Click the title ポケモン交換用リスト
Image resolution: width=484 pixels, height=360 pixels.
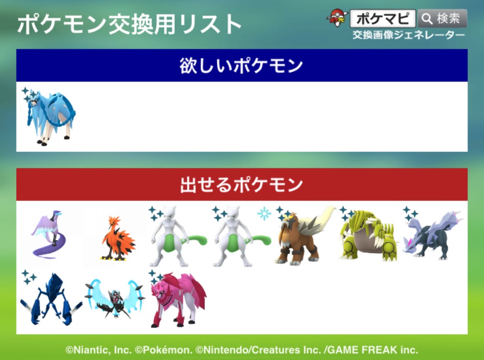click(129, 24)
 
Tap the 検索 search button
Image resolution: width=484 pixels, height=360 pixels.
click(442, 18)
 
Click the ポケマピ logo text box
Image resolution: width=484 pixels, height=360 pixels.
click(382, 18)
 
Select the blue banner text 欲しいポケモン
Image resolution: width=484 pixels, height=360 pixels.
click(242, 66)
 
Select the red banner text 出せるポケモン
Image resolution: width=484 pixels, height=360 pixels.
click(242, 185)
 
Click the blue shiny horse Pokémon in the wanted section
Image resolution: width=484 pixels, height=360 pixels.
click(50, 117)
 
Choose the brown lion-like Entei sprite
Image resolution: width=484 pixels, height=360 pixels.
click(304, 236)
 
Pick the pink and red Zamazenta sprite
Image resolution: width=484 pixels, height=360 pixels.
click(179, 299)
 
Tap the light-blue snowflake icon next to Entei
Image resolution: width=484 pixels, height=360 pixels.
click(264, 214)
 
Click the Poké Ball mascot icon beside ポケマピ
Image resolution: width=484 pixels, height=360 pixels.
click(337, 18)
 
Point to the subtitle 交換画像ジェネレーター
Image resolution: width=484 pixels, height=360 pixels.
click(408, 35)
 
